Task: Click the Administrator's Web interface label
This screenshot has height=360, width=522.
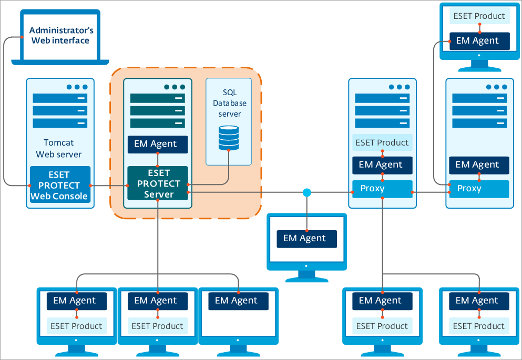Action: coord(61,35)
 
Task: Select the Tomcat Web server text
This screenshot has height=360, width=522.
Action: coord(59,148)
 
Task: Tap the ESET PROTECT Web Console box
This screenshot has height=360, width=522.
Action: coord(60,186)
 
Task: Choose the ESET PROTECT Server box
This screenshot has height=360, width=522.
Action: coord(158,183)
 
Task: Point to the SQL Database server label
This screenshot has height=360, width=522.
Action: coord(230,103)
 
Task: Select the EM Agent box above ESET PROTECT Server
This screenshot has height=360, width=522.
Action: coord(157,144)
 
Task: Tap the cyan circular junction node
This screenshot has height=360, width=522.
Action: coord(307,193)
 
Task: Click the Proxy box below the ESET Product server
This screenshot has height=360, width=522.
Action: coord(382,189)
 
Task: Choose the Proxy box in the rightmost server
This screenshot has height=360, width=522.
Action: coord(478,189)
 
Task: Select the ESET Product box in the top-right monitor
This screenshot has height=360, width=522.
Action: coord(479,16)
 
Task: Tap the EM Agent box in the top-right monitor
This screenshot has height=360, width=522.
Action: coord(479,40)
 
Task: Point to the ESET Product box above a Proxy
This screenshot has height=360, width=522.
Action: coord(382,142)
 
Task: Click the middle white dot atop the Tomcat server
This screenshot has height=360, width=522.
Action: coord(77,87)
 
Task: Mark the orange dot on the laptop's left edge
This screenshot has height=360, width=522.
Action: coord(22,37)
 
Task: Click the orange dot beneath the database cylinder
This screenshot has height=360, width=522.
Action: coord(229,150)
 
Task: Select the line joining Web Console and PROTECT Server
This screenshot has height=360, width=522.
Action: coord(108,186)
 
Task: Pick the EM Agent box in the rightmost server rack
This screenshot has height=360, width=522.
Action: coord(478,164)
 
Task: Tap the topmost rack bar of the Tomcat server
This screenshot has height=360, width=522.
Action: coord(59,98)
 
